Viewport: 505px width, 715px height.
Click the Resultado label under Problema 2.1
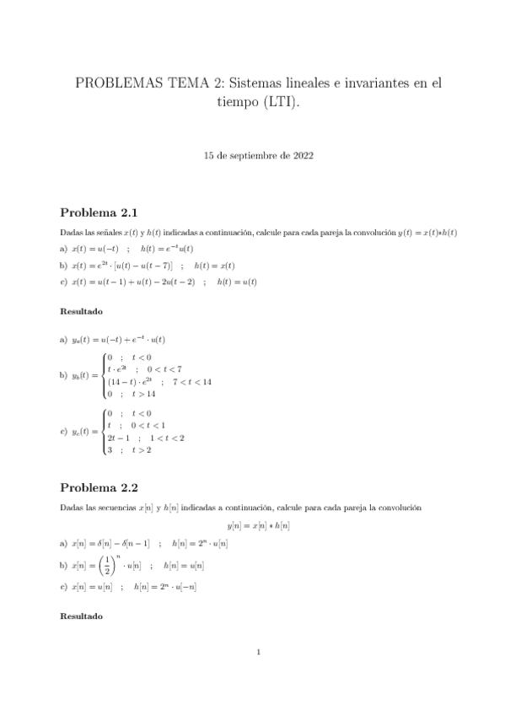81,311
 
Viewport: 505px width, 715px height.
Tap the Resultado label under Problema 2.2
81,616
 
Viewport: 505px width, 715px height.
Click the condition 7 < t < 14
192,381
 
